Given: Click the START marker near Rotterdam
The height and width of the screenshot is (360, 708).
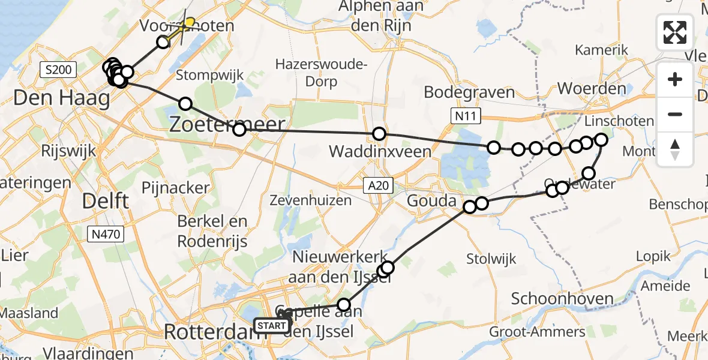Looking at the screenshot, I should coord(271,326).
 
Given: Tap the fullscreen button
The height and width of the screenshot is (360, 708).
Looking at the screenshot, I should coord(675,32).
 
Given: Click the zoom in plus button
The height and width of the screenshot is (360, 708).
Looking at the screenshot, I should coord(675,79).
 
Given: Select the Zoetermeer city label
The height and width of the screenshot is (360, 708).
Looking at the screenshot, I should coord(226,124).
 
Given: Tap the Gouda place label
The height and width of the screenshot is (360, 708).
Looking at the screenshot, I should coord(431,200).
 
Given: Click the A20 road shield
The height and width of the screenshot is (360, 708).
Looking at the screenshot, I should coord(377,187).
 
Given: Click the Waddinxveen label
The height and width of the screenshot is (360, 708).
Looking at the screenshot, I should coord(380,152).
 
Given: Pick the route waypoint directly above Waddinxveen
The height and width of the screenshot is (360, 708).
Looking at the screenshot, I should coord(379,134).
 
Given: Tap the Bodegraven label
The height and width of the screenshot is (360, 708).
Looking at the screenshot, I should coord(469,92).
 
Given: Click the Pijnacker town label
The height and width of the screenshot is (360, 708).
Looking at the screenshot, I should coord(175,188).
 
